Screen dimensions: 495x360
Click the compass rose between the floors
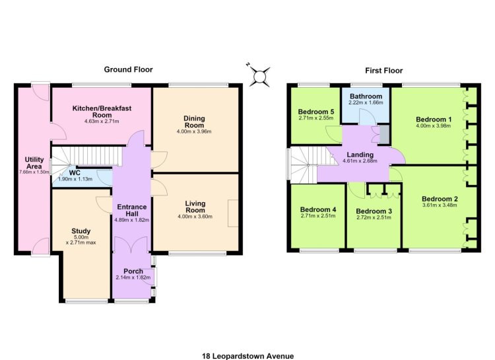pos(259,76)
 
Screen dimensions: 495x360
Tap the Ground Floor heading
pos(128,69)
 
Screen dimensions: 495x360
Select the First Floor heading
pos(384,71)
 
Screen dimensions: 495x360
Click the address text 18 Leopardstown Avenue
pos(247,356)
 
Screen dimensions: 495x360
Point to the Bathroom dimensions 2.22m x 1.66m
pos(366,102)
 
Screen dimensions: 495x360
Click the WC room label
pos(75,173)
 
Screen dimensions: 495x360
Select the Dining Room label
pos(195,122)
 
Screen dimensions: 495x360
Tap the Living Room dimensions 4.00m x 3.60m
pos(195,217)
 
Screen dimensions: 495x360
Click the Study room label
pos(81,231)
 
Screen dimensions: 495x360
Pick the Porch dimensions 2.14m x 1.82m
pos(133,277)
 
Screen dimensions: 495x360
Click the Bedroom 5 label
pos(316,112)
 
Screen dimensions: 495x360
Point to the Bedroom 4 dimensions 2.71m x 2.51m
pos(318,216)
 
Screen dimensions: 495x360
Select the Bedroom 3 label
pos(374,211)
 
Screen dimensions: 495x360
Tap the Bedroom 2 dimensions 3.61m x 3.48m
pos(440,205)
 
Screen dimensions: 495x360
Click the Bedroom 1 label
pos(434,120)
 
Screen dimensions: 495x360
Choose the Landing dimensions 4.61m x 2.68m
pos(360,161)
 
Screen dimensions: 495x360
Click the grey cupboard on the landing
pos(384,135)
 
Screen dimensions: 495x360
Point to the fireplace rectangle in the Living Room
pos(233,213)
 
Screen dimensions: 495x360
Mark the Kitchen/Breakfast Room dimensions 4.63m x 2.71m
pos(102,122)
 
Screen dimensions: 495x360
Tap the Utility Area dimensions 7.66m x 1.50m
pos(34,172)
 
